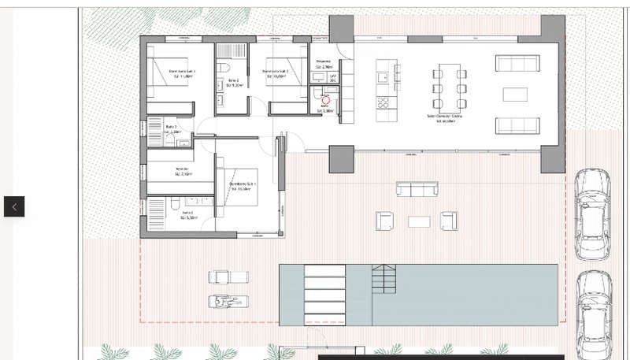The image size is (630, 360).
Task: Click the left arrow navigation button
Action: [14, 206]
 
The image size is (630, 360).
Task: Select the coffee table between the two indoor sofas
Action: [515, 95]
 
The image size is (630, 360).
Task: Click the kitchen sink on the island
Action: [383, 77]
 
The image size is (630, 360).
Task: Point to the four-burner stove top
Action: [384, 102]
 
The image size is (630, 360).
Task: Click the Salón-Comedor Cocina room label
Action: [444, 118]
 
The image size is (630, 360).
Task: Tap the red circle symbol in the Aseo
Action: [325, 100]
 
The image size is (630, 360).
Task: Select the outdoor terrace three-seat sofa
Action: [417, 189]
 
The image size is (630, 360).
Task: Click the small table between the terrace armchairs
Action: [419, 221]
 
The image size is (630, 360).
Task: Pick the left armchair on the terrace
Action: [384, 221]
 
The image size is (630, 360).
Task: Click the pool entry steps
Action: [384, 279]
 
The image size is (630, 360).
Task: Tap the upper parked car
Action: [591, 213]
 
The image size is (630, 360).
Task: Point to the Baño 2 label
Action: [233, 80]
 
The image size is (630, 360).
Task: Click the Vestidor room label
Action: [181, 171]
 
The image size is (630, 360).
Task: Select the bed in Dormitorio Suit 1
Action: [239, 186]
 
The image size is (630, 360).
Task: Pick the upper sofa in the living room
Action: [517, 64]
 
